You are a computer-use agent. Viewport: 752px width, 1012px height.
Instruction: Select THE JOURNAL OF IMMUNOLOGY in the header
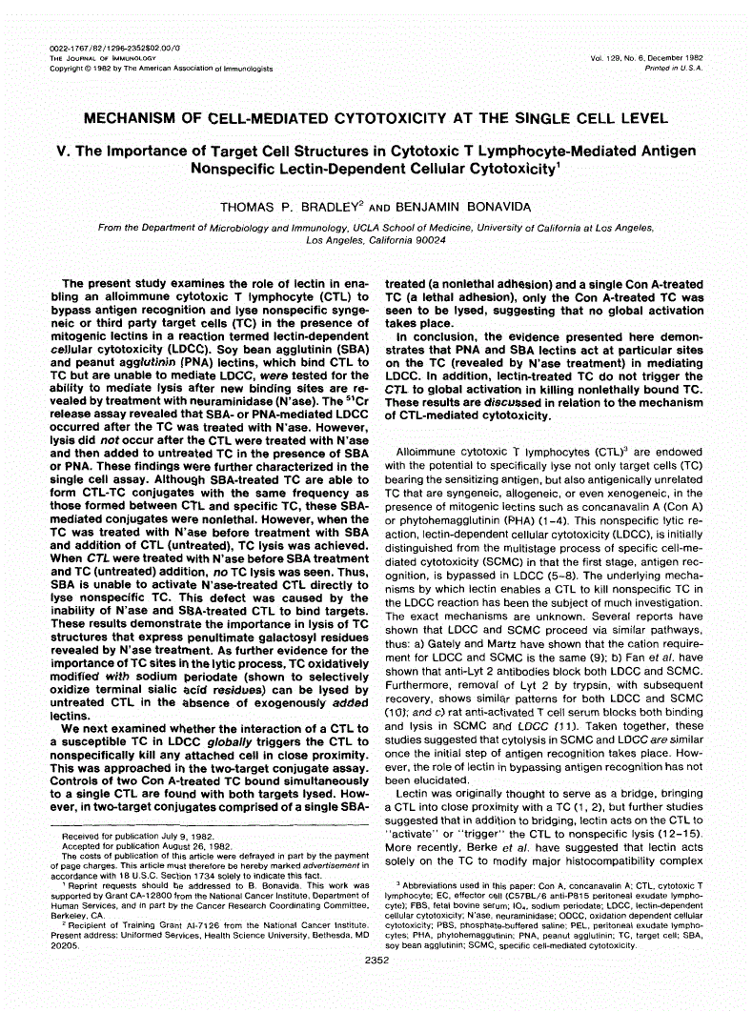pos(102,58)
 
